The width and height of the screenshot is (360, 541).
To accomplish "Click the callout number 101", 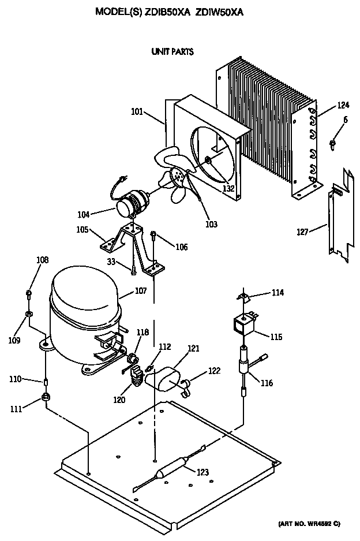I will [x=138, y=112].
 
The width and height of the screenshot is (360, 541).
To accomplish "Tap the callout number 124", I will [x=343, y=105].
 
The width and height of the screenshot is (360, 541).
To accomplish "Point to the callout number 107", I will [x=141, y=291].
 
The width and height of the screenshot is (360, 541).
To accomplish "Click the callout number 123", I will [x=202, y=472].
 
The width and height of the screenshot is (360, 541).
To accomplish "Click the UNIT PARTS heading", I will [x=172, y=52].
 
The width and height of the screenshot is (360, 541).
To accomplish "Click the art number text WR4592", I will [x=317, y=523].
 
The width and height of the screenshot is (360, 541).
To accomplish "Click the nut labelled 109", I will [x=28, y=315].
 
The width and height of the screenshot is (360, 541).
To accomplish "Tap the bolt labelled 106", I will [x=154, y=234].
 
